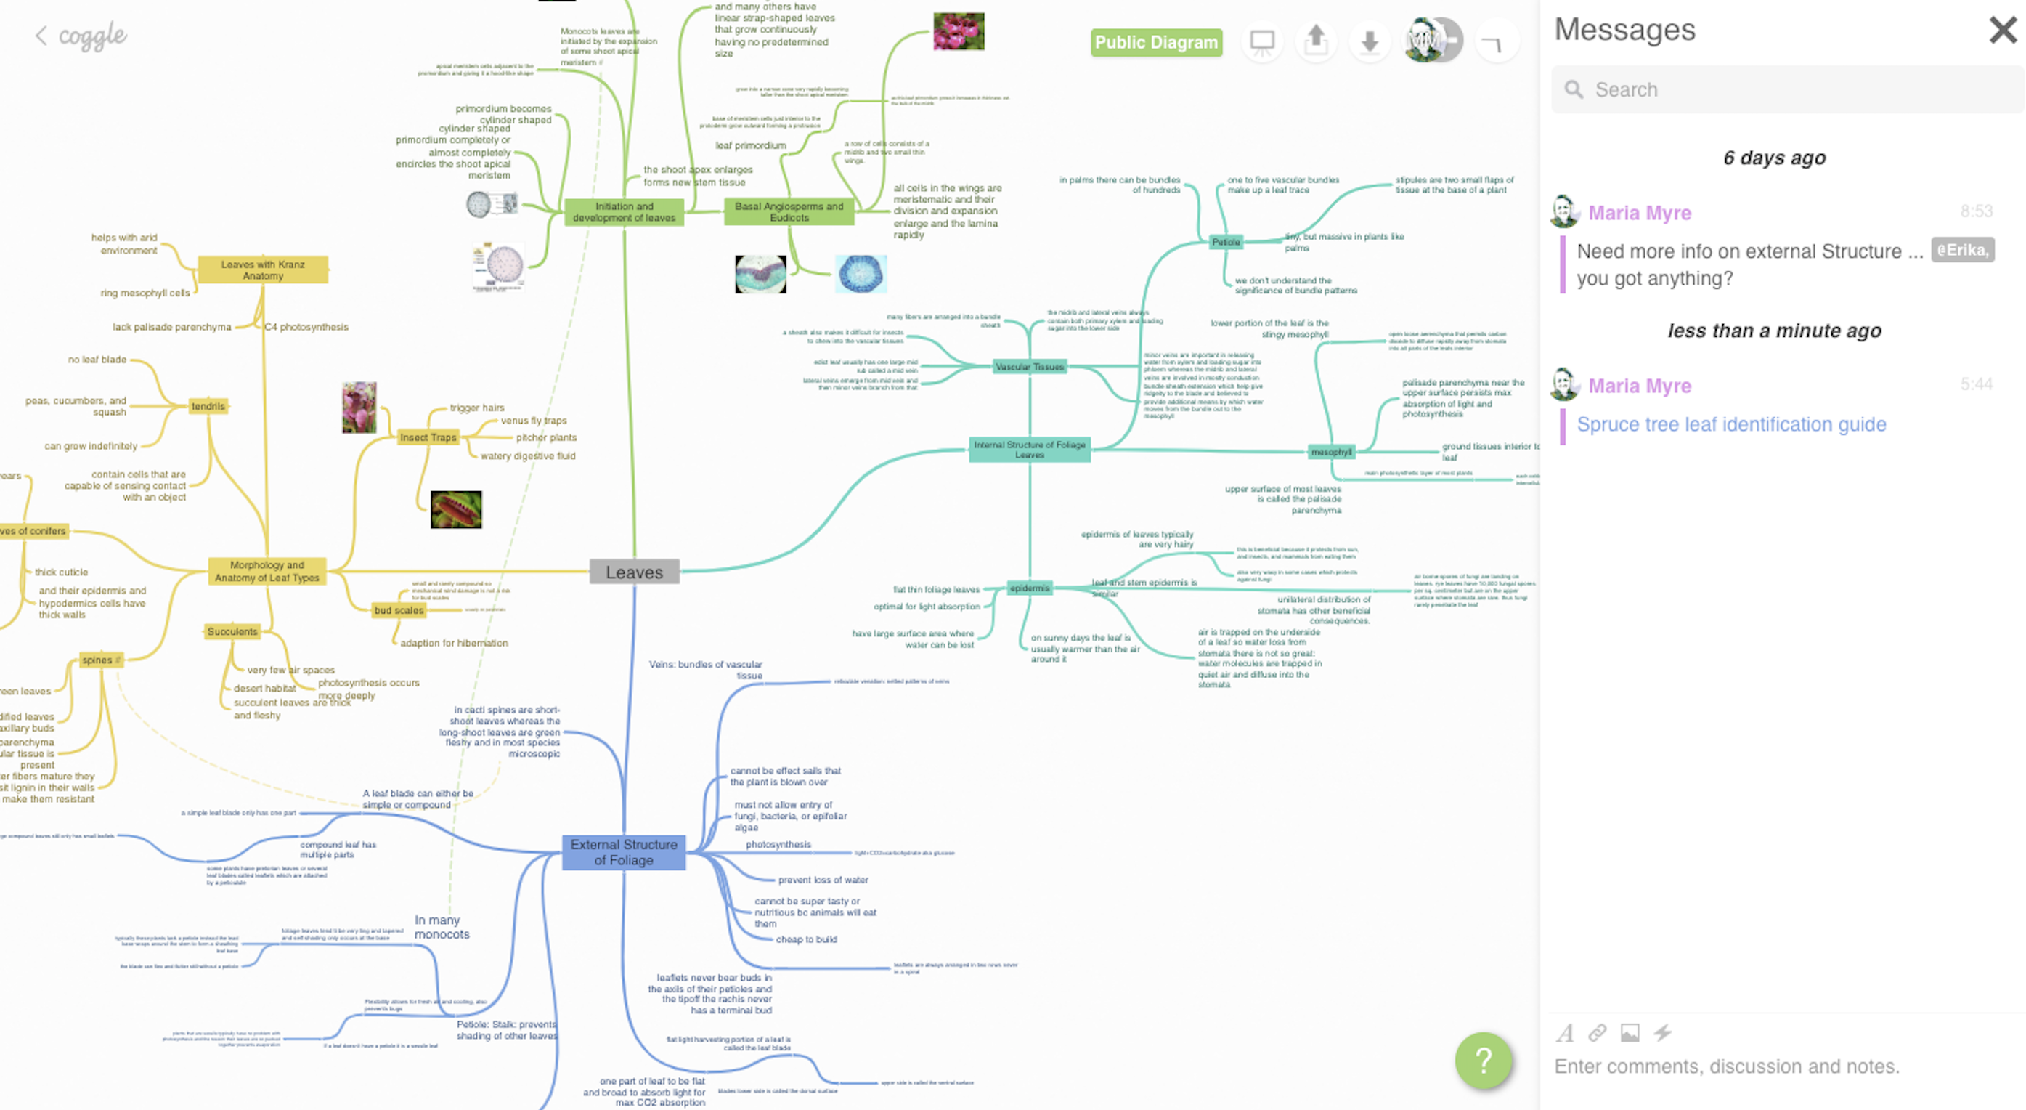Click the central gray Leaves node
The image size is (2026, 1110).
(x=634, y=572)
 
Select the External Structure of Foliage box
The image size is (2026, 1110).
(x=624, y=852)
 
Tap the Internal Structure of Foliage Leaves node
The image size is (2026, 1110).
(x=1029, y=449)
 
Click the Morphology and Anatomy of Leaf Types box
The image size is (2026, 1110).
(x=267, y=571)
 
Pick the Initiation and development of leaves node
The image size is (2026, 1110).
(x=624, y=211)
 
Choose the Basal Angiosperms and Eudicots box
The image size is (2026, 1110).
(x=788, y=211)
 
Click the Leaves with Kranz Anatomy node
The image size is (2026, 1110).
(x=263, y=270)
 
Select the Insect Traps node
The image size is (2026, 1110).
(x=428, y=437)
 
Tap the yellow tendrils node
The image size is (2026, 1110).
(x=208, y=406)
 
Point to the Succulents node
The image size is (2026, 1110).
(x=232, y=631)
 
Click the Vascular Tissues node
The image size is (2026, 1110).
(x=1029, y=367)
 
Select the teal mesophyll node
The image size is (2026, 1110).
(x=1331, y=452)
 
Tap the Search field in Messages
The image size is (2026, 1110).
(x=1786, y=89)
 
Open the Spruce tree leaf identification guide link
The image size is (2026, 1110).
(x=1730, y=424)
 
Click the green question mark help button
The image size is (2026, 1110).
(x=1483, y=1060)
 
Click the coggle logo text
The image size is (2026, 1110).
(x=92, y=36)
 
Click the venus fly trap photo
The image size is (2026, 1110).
(x=456, y=510)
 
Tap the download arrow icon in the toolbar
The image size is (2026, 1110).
(x=1370, y=41)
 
